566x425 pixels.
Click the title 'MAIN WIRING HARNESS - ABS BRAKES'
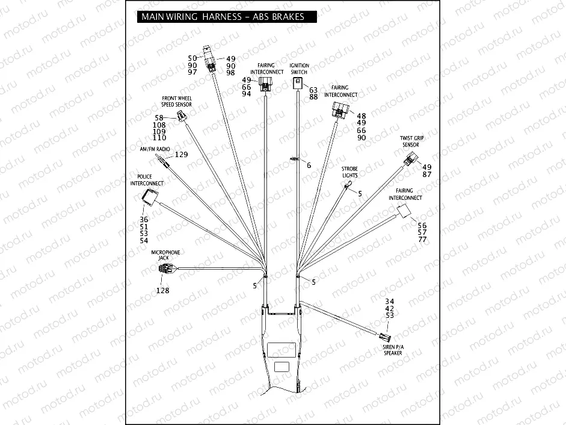tap(222, 17)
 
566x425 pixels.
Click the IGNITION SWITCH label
tap(299, 69)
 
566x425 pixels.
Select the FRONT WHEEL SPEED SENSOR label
tap(176, 101)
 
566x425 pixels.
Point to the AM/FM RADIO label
tap(155, 148)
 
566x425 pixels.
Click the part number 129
tap(181, 155)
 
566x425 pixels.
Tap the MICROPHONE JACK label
tap(165, 255)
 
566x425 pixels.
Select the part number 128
tap(162, 290)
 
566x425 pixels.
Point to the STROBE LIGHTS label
tap(349, 172)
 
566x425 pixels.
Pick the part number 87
tap(427, 175)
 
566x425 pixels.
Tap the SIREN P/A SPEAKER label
tap(393, 350)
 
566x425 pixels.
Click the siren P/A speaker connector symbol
tap(384, 334)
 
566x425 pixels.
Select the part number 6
tap(309, 165)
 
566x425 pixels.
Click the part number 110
tap(159, 138)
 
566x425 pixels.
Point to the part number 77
tap(422, 240)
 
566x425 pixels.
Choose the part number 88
tap(313, 97)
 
